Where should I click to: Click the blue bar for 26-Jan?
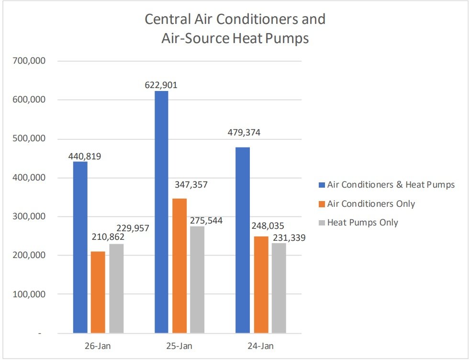80,247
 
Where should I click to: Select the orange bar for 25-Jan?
179,266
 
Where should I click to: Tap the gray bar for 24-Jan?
279,288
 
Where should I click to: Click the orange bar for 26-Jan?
98,292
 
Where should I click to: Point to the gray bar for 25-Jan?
197,280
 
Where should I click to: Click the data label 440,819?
85,156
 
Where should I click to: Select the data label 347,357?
191,184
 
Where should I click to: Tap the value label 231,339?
289,237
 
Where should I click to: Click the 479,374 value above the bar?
244,133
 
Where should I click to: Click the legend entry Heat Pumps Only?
362,223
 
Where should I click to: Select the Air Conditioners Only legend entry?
371,204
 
